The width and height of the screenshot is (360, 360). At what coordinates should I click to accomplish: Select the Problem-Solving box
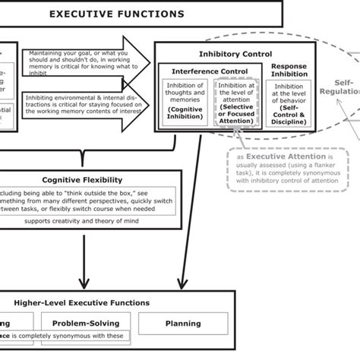86,323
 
